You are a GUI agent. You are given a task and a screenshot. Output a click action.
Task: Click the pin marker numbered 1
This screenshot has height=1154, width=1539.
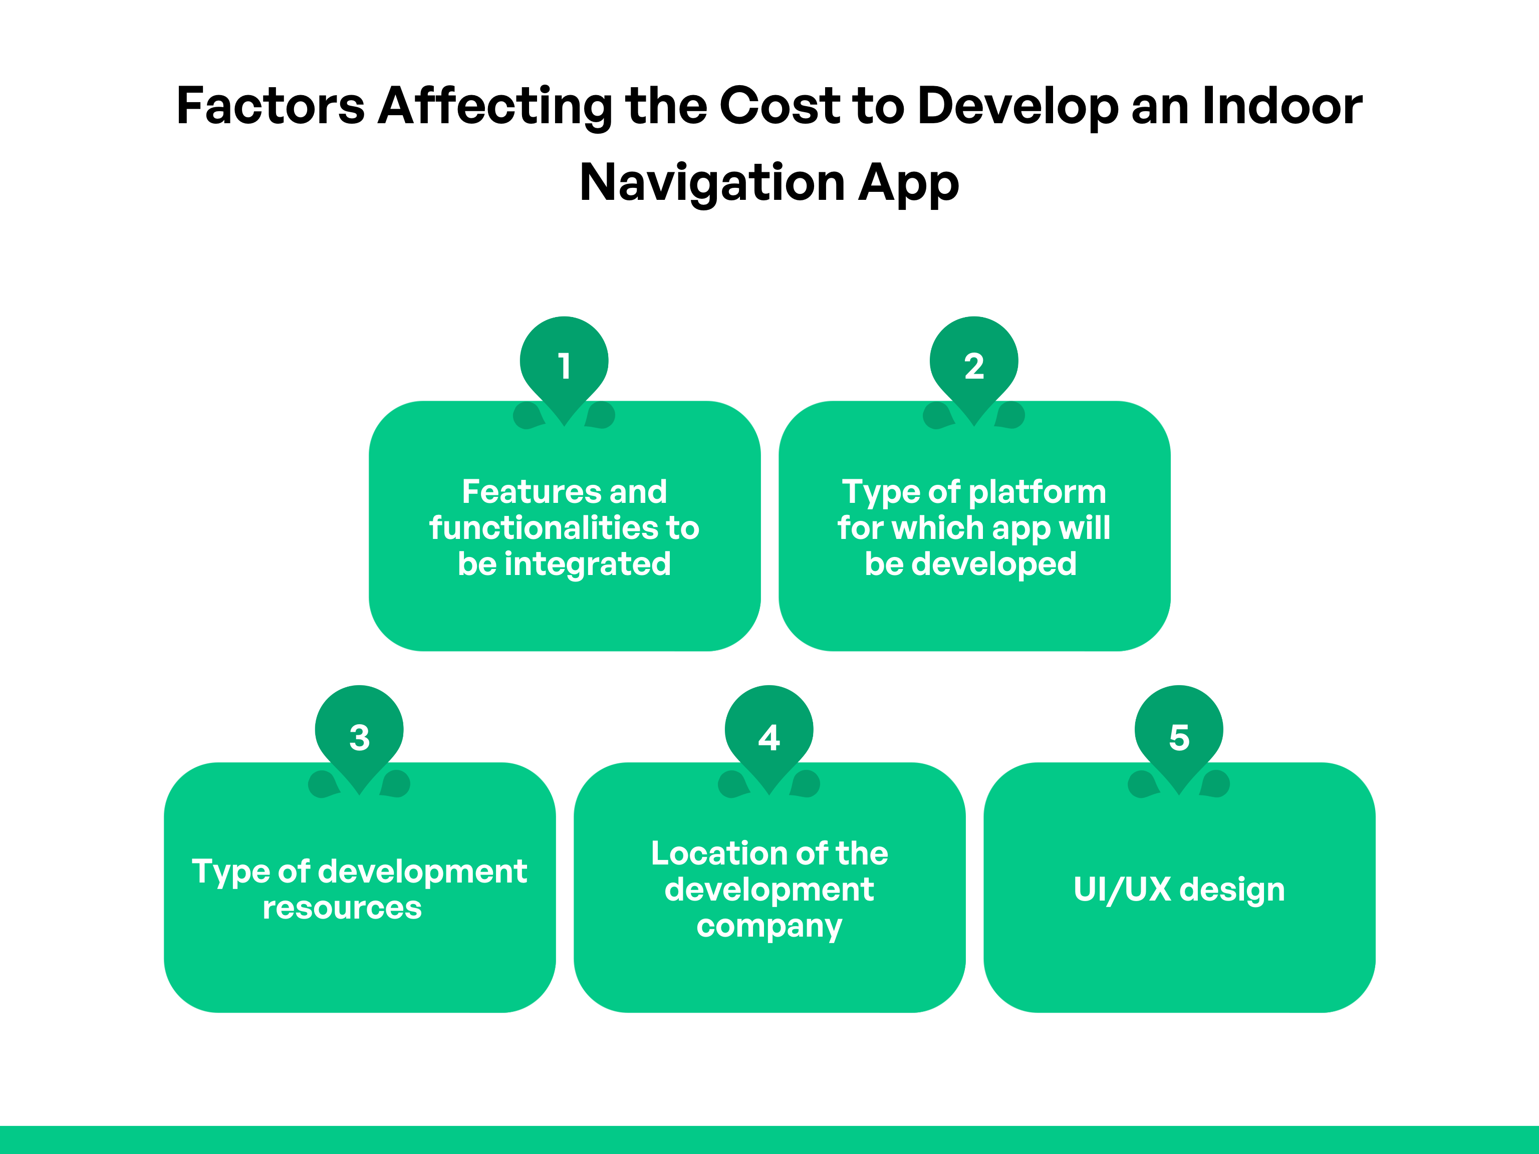[564, 365]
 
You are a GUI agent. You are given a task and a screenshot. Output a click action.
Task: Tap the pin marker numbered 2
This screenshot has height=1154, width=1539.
[973, 365]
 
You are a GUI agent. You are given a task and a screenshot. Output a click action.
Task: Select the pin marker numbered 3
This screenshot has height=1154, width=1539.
[359, 735]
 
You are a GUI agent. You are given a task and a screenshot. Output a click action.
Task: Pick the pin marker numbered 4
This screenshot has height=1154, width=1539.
[769, 735]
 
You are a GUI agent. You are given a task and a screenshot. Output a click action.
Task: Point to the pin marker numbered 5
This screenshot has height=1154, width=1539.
[1179, 735]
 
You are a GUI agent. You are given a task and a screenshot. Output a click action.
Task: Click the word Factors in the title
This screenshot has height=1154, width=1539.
[271, 106]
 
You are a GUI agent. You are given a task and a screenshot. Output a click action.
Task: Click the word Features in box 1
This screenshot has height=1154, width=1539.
[526, 492]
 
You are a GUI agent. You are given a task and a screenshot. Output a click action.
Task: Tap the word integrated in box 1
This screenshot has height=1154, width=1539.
[587, 564]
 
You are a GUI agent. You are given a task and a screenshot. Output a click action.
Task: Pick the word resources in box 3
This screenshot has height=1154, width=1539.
[342, 908]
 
